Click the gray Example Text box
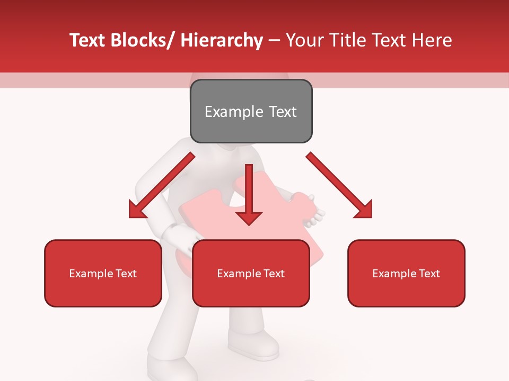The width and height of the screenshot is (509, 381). pos(251,111)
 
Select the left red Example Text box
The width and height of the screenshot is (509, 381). pos(103,273)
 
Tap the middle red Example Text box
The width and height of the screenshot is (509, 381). pos(251,273)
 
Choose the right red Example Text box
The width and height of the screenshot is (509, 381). pos(406,273)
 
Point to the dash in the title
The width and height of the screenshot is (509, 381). pos(274,41)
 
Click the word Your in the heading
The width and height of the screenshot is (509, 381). pos(303,40)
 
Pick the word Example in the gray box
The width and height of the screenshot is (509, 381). pos(233,112)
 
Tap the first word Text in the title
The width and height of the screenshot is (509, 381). pos(87,40)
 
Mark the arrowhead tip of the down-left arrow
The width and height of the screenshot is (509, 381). pos(130,217)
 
